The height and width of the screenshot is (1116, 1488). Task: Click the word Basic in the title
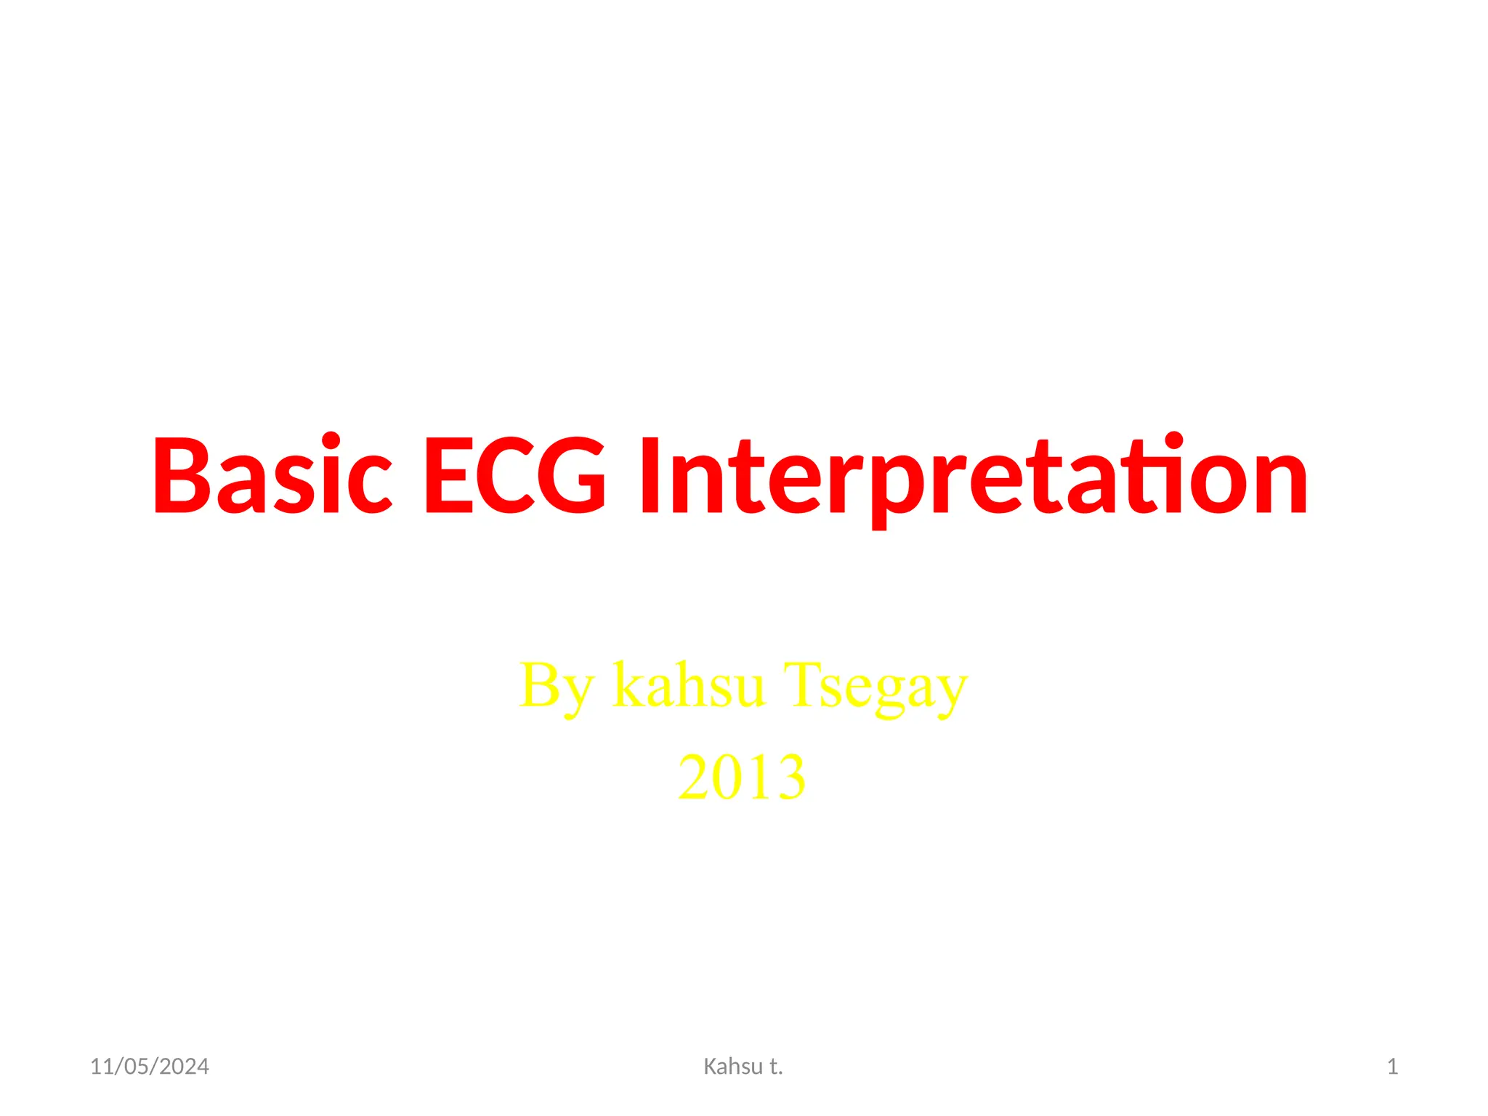272,476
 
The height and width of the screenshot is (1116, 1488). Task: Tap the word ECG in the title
514,476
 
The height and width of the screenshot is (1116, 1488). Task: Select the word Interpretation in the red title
974,476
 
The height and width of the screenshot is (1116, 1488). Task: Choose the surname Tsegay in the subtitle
876,687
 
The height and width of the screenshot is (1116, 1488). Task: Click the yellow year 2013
742,777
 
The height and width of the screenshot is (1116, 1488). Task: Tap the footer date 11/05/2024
149,1067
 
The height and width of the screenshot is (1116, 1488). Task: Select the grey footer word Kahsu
732,1067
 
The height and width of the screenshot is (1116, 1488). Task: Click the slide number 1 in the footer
1392,1067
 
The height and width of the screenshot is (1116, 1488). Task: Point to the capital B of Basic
178,476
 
